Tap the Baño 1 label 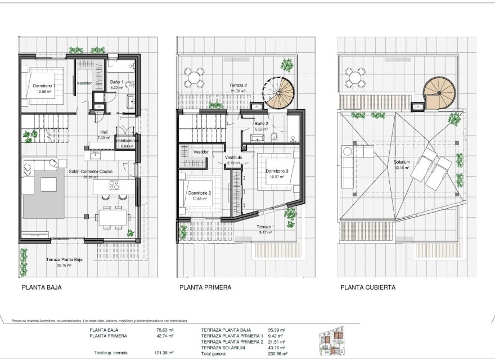tap(116, 82)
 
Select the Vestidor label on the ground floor tap(84, 83)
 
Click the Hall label tap(102, 133)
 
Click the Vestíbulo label tap(233, 157)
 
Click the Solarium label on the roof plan tap(402, 163)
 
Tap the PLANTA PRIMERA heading tap(205, 287)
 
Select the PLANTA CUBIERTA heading tap(367, 287)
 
